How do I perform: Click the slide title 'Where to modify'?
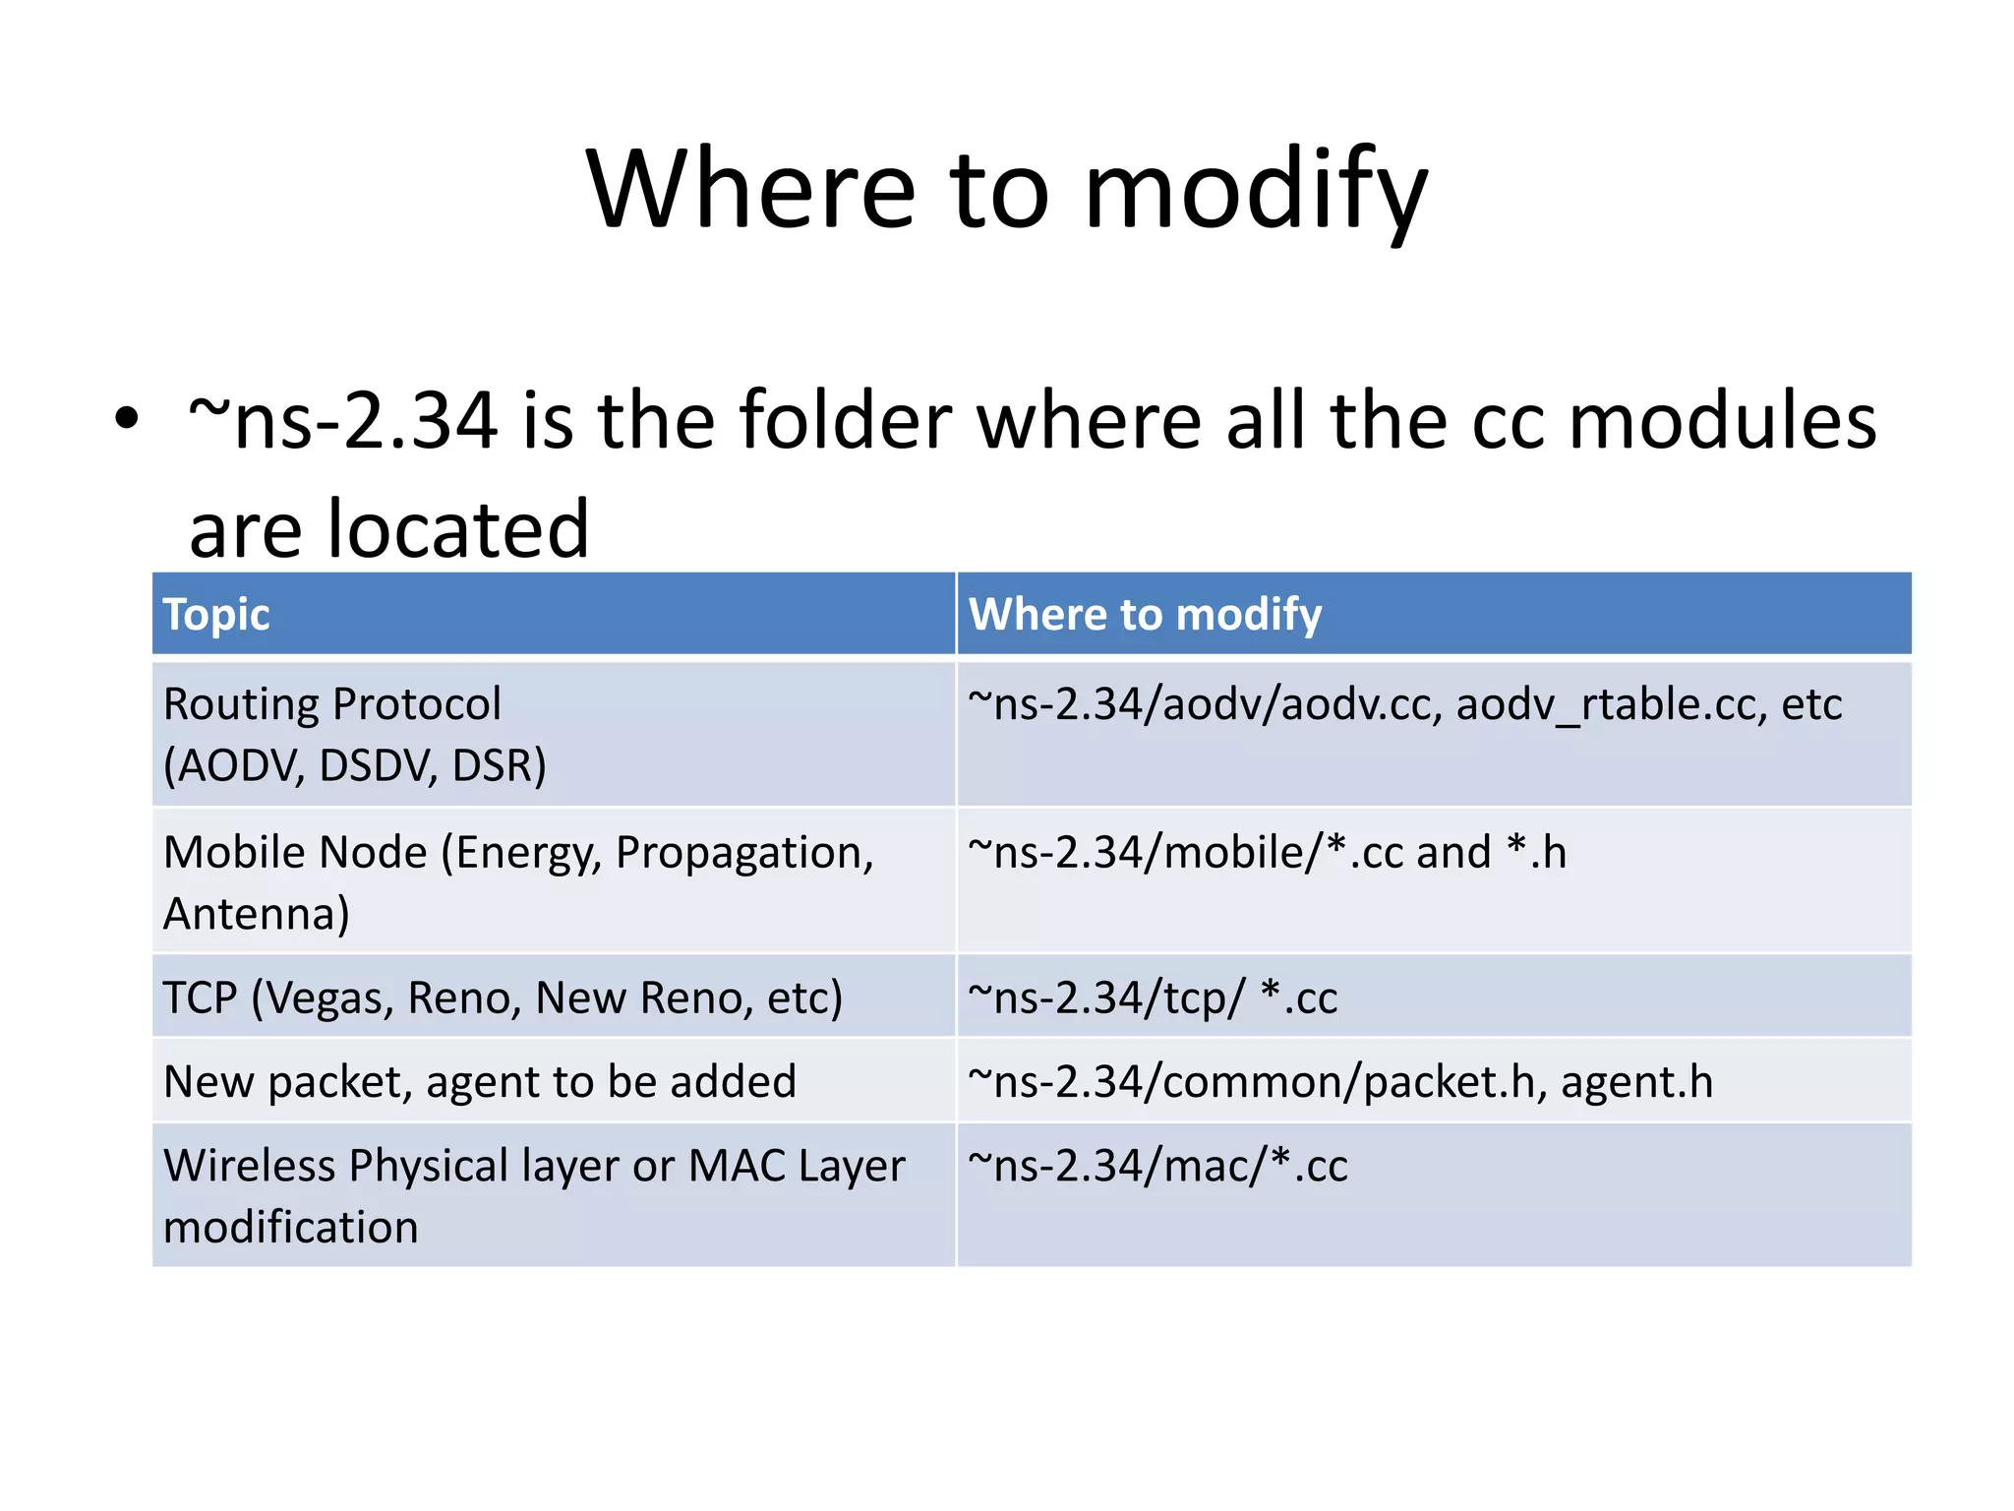pos(1006,189)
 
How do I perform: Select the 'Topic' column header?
pos(216,615)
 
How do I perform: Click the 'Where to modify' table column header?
pos(1145,615)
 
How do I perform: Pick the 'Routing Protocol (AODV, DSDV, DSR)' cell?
pos(354,735)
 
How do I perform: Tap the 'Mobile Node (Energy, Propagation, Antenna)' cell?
pos(518,882)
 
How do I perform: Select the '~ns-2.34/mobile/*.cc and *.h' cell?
pos(1267,853)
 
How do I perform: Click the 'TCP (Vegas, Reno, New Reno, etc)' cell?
pos(503,997)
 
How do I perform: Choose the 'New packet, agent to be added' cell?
pos(480,1082)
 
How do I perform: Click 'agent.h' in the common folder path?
pos(1636,1082)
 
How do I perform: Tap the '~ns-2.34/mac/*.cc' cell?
pos(1157,1167)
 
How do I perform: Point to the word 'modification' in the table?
pos(291,1228)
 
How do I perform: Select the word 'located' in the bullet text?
pos(457,529)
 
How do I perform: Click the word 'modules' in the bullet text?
pos(1722,421)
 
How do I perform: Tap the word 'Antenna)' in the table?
pos(257,914)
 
